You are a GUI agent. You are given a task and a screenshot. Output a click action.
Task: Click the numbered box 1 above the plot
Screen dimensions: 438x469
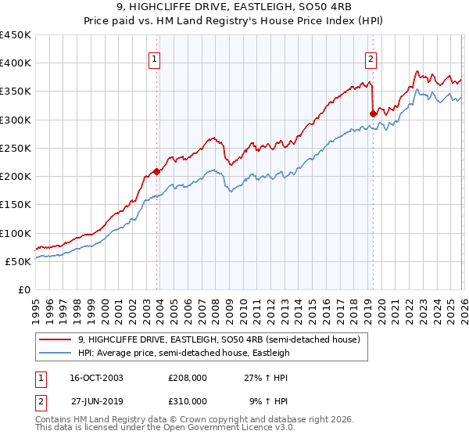coord(155,58)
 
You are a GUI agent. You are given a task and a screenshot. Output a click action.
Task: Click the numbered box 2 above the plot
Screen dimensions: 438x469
coord(370,58)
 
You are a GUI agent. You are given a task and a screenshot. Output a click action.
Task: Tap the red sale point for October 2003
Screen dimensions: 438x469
coord(157,171)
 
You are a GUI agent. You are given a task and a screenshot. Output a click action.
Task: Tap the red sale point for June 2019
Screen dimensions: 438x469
coord(373,113)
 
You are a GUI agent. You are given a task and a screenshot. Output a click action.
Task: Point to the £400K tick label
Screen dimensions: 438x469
coord(16,63)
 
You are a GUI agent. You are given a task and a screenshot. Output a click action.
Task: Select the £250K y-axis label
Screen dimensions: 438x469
coord(16,148)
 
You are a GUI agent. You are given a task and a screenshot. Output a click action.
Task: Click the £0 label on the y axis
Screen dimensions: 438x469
coord(25,289)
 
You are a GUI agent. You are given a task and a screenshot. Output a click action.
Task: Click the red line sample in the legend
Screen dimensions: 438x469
coord(55,339)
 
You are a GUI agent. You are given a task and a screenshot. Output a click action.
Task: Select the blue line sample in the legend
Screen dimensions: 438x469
coord(55,353)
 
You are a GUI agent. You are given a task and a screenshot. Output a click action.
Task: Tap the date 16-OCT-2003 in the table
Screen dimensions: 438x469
coord(97,378)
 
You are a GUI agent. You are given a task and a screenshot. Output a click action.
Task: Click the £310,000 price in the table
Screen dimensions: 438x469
coord(188,400)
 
